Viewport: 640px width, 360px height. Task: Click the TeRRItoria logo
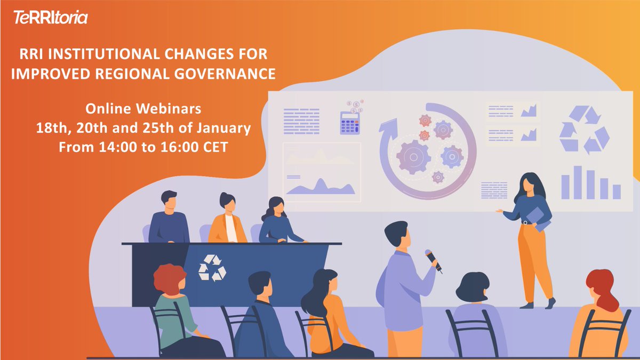click(51, 18)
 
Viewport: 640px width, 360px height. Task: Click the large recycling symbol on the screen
click(583, 130)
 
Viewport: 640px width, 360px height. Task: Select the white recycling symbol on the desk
click(212, 267)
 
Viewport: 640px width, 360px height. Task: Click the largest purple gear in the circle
click(413, 156)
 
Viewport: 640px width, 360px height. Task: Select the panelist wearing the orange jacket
click(227, 227)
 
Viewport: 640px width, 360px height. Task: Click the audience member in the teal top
click(173, 309)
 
